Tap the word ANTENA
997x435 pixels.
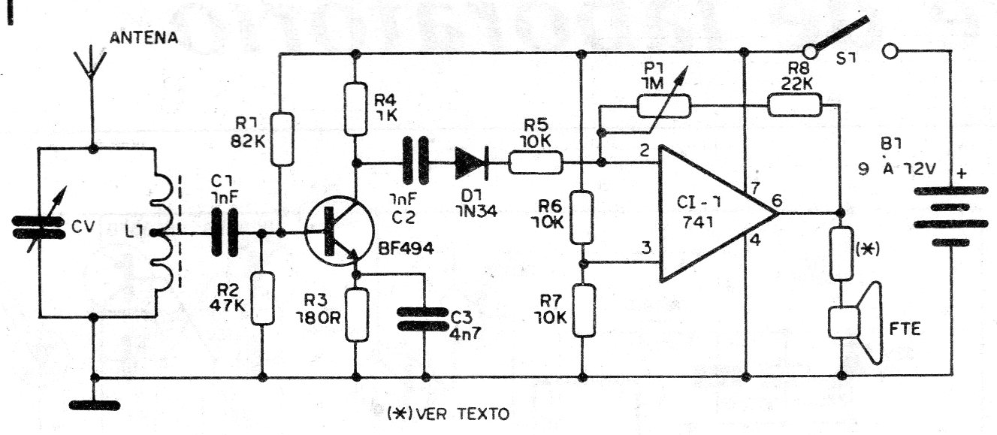pyautogui.click(x=144, y=38)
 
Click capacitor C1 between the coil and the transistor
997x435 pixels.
pyautogui.click(x=223, y=234)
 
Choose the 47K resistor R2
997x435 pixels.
pyautogui.click(x=264, y=298)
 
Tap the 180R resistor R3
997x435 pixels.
pyautogui.click(x=357, y=313)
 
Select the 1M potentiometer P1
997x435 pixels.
pyautogui.click(x=663, y=106)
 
